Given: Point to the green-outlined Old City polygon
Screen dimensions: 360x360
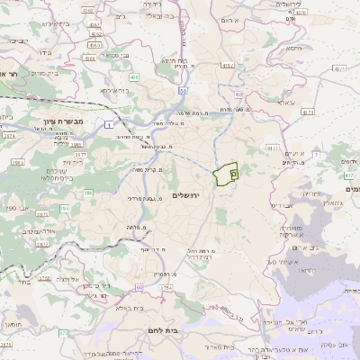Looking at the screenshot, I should point(224,172).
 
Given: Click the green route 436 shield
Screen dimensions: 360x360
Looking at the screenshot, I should point(133,78).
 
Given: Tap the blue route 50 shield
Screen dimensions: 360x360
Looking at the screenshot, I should point(182,91).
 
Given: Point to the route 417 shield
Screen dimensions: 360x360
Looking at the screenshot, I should point(347,176).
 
